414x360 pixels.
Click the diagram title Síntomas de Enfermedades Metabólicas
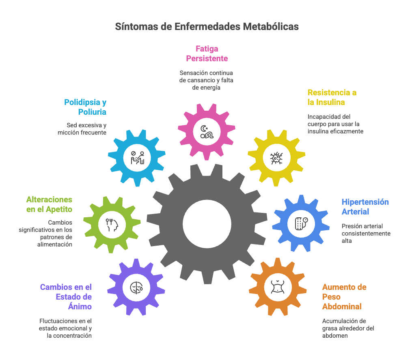pyautogui.click(x=207, y=27)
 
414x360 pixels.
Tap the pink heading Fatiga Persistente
pyautogui.click(x=207, y=54)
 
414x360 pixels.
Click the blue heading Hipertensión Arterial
pyautogui.click(x=365, y=207)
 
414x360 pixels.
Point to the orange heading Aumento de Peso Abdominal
pyautogui.click(x=344, y=297)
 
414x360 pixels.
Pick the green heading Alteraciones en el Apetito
pyautogui.click(x=49, y=204)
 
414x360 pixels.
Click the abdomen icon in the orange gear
pyautogui.click(x=278, y=287)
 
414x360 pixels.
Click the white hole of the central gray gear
pyautogui.click(x=207, y=222)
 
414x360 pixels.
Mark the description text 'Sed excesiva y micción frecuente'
pyautogui.click(x=86, y=129)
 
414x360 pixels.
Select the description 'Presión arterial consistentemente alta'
pyautogui.click(x=366, y=234)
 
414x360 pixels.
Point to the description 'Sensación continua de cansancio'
pyautogui.click(x=206, y=80)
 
